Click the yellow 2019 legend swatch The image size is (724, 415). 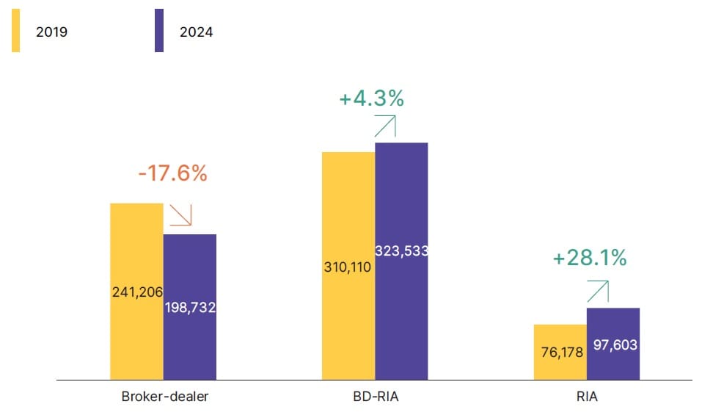[x=15, y=32]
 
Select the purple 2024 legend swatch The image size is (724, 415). [x=159, y=32]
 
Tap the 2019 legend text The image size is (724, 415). [x=51, y=32]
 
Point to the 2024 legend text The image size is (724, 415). [x=196, y=32]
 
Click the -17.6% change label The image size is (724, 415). [x=172, y=173]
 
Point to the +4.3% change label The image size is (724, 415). [x=372, y=98]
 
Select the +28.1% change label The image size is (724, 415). [x=590, y=258]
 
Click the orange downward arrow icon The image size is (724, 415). [x=180, y=215]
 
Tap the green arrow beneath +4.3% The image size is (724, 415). [x=385, y=126]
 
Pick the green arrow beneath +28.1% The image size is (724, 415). [x=598, y=291]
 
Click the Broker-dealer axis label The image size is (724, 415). [x=165, y=397]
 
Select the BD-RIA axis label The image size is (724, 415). [x=376, y=397]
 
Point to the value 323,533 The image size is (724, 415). [x=401, y=250]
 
